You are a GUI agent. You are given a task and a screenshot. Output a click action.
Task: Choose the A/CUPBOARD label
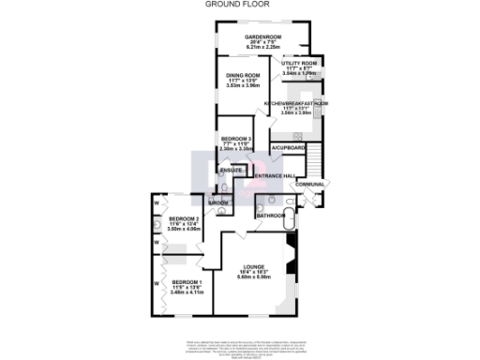[x=289, y=149]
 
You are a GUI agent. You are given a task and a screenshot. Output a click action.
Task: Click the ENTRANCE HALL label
[x=276, y=177]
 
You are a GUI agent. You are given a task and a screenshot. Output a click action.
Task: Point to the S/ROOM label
[x=218, y=202]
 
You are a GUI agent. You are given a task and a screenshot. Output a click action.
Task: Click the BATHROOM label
[x=272, y=217]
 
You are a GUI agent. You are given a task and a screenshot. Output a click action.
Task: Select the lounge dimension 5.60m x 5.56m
[x=254, y=277]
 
